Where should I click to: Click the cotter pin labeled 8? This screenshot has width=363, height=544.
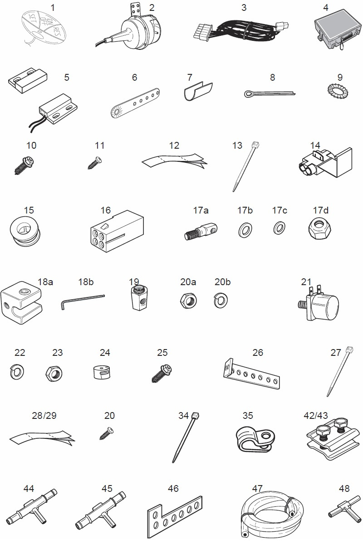(x=270, y=93)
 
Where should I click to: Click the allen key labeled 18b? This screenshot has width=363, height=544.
(x=83, y=301)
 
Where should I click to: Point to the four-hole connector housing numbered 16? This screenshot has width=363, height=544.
(x=117, y=233)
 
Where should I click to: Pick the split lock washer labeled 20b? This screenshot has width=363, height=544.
(x=221, y=301)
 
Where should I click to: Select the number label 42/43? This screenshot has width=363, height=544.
(x=316, y=415)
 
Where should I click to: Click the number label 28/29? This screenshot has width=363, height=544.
(x=44, y=415)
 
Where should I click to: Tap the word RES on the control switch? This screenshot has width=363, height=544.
(x=56, y=32)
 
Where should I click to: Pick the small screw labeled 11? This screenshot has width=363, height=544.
(x=94, y=162)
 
